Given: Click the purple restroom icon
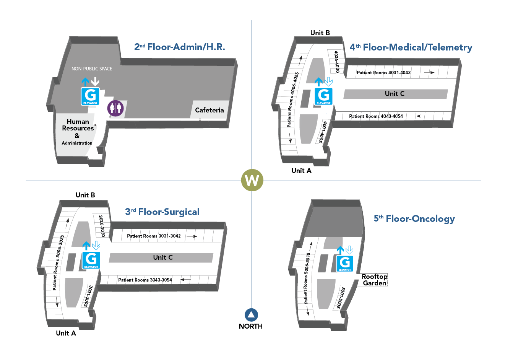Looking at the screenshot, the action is pyautogui.click(x=115, y=108).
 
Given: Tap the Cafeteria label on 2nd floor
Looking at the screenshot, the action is pyautogui.click(x=209, y=110).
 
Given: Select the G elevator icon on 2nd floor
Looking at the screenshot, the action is pyautogui.click(x=90, y=96).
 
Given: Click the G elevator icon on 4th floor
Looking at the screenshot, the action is pyautogui.click(x=323, y=96).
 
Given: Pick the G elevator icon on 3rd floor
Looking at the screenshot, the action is pyautogui.click(x=91, y=260).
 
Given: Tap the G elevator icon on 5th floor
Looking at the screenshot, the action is pyautogui.click(x=345, y=264).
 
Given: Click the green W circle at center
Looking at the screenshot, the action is pyautogui.click(x=252, y=180).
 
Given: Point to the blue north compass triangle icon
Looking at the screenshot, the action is pyautogui.click(x=252, y=314).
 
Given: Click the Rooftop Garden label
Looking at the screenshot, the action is pyautogui.click(x=375, y=280).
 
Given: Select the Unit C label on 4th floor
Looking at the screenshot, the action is pyautogui.click(x=395, y=94).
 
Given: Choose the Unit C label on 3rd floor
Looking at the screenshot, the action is pyautogui.click(x=163, y=257).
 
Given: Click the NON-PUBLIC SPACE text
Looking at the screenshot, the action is pyautogui.click(x=92, y=69).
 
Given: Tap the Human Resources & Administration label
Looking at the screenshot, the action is pyautogui.click(x=78, y=132).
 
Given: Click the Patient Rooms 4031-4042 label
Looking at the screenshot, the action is pyautogui.click(x=383, y=73).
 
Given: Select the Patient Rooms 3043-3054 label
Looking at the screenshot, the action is pyautogui.click(x=145, y=280).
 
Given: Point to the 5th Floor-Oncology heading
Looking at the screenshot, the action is pyautogui.click(x=414, y=218).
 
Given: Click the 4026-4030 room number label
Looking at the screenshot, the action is pyautogui.click(x=336, y=62).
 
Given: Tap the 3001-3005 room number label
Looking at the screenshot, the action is pyautogui.click(x=88, y=296).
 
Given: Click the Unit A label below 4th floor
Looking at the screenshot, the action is pyautogui.click(x=301, y=171).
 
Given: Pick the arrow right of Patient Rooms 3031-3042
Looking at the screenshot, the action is pyautogui.click(x=192, y=236).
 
